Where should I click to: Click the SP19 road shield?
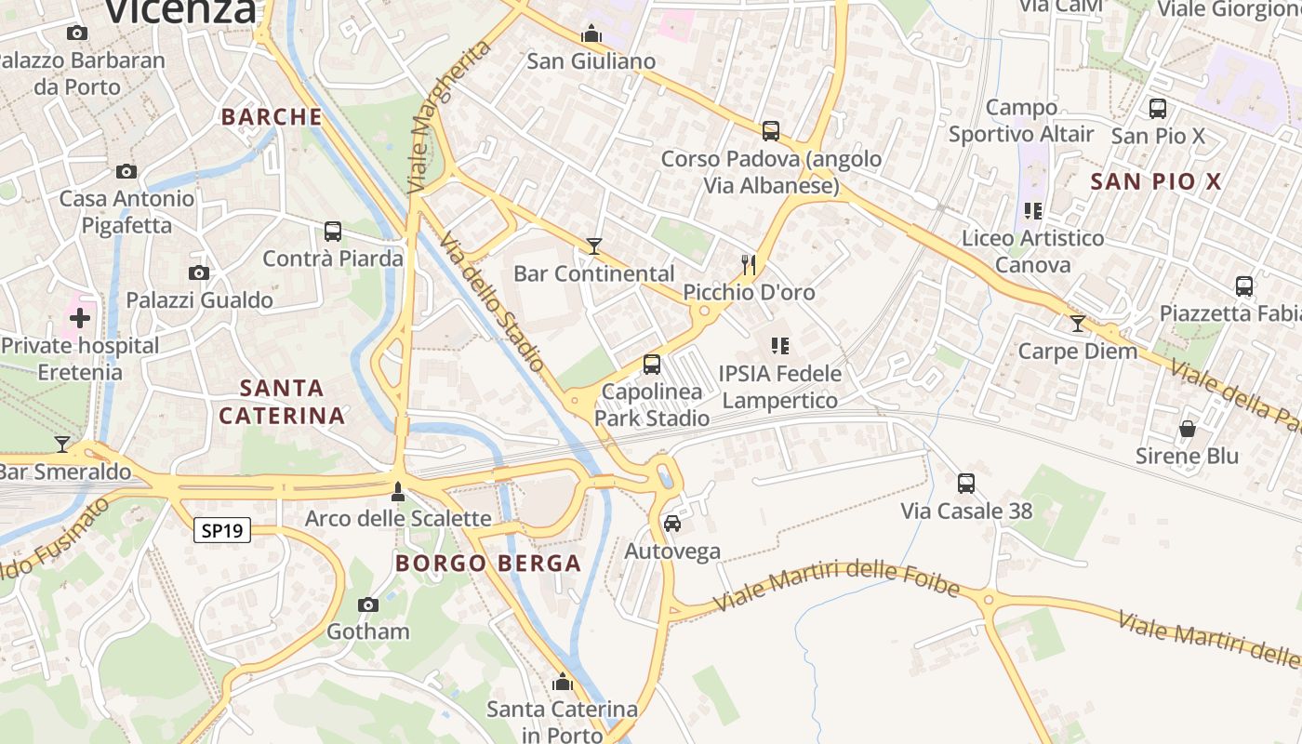[223, 531]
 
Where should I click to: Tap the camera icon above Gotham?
[368, 604]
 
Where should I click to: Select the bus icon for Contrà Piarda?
[333, 231]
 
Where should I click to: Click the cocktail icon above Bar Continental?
[594, 246]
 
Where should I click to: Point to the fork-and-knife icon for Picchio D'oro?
[749, 265]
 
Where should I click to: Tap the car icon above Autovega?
[672, 524]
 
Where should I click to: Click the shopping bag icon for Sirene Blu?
[1188, 429]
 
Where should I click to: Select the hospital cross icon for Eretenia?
[80, 318]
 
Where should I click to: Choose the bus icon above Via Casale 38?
[966, 484]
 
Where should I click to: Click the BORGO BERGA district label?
[488, 563]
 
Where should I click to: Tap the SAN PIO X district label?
[1155, 181]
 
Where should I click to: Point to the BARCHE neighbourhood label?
[272, 117]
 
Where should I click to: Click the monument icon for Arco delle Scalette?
[398, 491]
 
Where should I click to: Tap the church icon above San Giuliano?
[591, 34]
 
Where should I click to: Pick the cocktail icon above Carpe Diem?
[1078, 324]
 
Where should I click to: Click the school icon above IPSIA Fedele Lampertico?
[780, 346]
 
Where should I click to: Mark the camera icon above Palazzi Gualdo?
[199, 272]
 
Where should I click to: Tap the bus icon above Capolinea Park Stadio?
[652, 365]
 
